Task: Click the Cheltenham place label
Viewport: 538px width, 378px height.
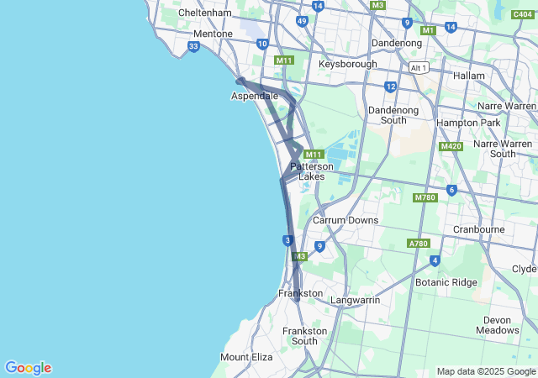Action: click(x=205, y=13)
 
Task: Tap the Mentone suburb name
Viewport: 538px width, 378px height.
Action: click(x=213, y=34)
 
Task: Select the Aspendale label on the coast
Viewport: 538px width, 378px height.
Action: click(x=255, y=96)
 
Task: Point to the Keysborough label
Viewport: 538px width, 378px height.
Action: click(x=348, y=64)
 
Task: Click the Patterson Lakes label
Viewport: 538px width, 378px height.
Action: click(x=312, y=171)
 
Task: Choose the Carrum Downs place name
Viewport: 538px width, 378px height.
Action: click(x=345, y=220)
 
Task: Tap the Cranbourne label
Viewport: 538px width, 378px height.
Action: click(x=478, y=228)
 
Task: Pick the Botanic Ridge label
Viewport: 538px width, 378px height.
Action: click(x=446, y=282)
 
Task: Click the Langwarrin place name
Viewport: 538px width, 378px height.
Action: click(x=356, y=299)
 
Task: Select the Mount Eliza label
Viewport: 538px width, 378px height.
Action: click(x=246, y=357)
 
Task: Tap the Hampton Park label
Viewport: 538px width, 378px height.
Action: click(x=467, y=123)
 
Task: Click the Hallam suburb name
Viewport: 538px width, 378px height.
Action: click(x=469, y=76)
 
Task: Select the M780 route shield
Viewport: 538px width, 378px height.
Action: click(x=426, y=197)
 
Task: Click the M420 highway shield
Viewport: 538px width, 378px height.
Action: click(x=451, y=147)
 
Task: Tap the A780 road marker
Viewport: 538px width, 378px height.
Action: click(x=419, y=244)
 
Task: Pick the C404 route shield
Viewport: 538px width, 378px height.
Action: click(x=522, y=14)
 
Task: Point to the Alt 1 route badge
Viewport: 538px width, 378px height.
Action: click(x=419, y=67)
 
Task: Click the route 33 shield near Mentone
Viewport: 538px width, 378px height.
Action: click(x=194, y=47)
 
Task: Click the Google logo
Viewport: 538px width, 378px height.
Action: click(x=28, y=368)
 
